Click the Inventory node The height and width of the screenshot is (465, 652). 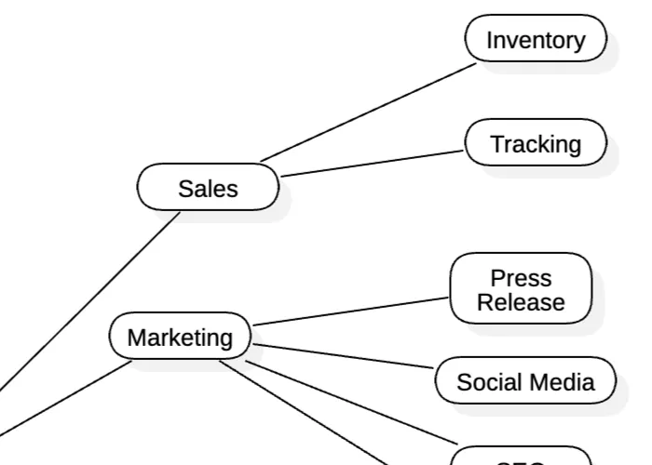click(x=536, y=40)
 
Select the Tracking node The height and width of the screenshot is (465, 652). click(x=536, y=144)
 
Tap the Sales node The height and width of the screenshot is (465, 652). click(x=208, y=189)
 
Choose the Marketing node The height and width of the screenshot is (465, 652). click(x=180, y=337)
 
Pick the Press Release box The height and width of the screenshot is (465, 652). click(x=521, y=289)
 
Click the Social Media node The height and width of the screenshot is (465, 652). click(x=525, y=381)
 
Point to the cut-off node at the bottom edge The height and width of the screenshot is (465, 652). click(x=521, y=458)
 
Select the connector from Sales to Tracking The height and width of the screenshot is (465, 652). click(x=373, y=163)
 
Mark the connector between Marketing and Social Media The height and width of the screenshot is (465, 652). click(x=345, y=358)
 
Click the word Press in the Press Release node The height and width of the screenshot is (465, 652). click(x=521, y=278)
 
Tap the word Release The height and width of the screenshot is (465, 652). click(x=521, y=302)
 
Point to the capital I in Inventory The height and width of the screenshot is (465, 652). click(x=490, y=40)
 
